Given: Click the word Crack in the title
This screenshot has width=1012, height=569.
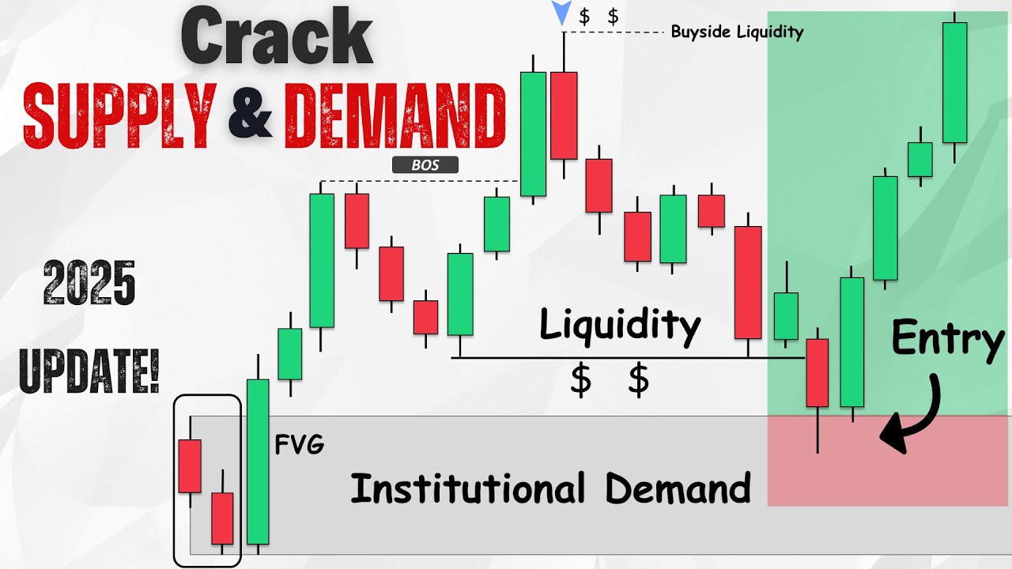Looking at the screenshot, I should (277, 38).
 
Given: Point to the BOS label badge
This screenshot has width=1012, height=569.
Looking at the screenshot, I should (425, 165).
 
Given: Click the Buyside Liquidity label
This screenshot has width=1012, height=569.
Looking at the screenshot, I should (737, 32).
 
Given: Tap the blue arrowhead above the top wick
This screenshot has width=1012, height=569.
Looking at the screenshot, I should (562, 13).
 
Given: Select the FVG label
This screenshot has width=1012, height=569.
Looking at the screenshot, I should (299, 446).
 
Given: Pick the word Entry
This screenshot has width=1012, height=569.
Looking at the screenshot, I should (947, 340).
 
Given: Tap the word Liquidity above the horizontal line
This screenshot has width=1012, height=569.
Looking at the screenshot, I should (620, 325).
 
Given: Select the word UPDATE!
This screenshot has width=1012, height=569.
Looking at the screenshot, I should (89, 368).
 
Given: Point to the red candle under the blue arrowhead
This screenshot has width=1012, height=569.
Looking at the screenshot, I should (564, 115).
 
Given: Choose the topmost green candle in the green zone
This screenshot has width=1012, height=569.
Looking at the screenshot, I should (954, 82).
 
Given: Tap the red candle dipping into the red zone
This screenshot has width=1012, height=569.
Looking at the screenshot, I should (817, 372).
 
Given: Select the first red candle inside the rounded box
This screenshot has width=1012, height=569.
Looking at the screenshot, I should (190, 466).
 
